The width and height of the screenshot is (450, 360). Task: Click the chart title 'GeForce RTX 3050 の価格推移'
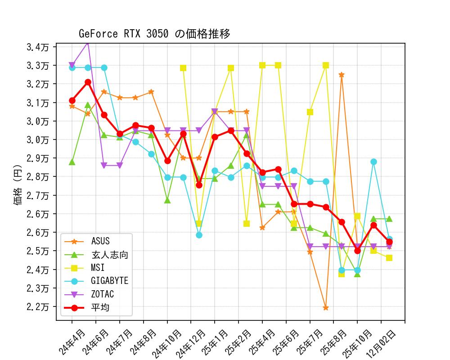[154, 34]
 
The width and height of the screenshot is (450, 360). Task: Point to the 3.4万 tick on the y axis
[40, 47]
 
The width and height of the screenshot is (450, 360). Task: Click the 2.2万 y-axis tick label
[40, 306]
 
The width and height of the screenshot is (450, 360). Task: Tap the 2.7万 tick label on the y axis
[40, 195]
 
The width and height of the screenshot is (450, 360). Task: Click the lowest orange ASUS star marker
[325, 308]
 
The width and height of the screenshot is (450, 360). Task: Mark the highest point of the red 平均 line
[88, 82]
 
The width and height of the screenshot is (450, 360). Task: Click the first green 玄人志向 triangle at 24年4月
[72, 162]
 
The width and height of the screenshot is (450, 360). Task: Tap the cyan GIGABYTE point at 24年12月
[199, 235]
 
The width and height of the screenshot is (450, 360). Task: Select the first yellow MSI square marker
[183, 68]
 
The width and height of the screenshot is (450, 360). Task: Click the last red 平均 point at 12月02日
[389, 242]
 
